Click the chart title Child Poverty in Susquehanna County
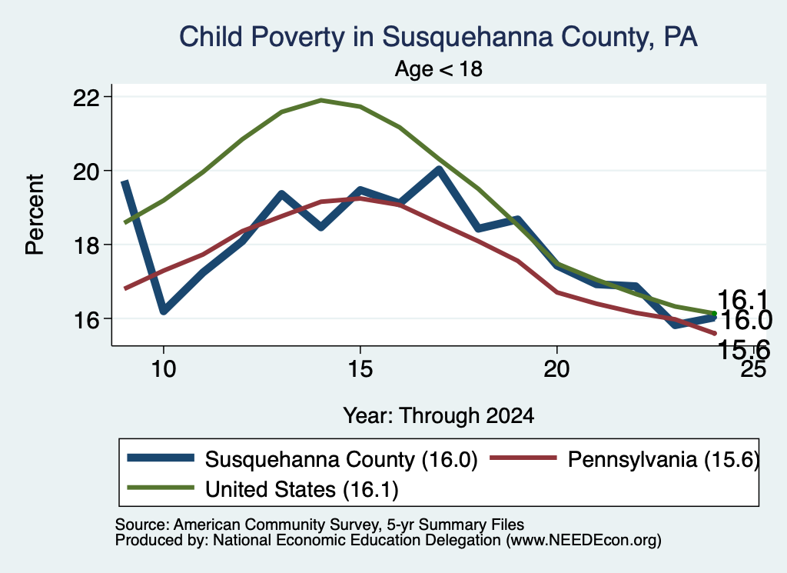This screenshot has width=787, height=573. [438, 37]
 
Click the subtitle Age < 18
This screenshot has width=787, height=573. [438, 68]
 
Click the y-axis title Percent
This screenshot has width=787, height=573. [35, 215]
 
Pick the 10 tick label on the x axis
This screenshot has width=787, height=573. [163, 369]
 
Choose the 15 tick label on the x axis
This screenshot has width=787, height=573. [360, 369]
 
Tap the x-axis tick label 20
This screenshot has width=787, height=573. [556, 369]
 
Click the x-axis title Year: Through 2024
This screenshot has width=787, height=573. [438, 416]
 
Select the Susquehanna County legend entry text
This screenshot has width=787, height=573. [341, 459]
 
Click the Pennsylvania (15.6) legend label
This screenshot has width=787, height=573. [663, 459]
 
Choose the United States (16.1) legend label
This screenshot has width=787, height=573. [301, 489]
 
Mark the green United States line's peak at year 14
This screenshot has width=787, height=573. [321, 101]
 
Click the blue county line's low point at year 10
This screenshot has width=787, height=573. [164, 311]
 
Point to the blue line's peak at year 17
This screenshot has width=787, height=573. [439, 171]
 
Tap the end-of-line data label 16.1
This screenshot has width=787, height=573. [743, 300]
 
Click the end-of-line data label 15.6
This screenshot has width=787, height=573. [743, 350]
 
